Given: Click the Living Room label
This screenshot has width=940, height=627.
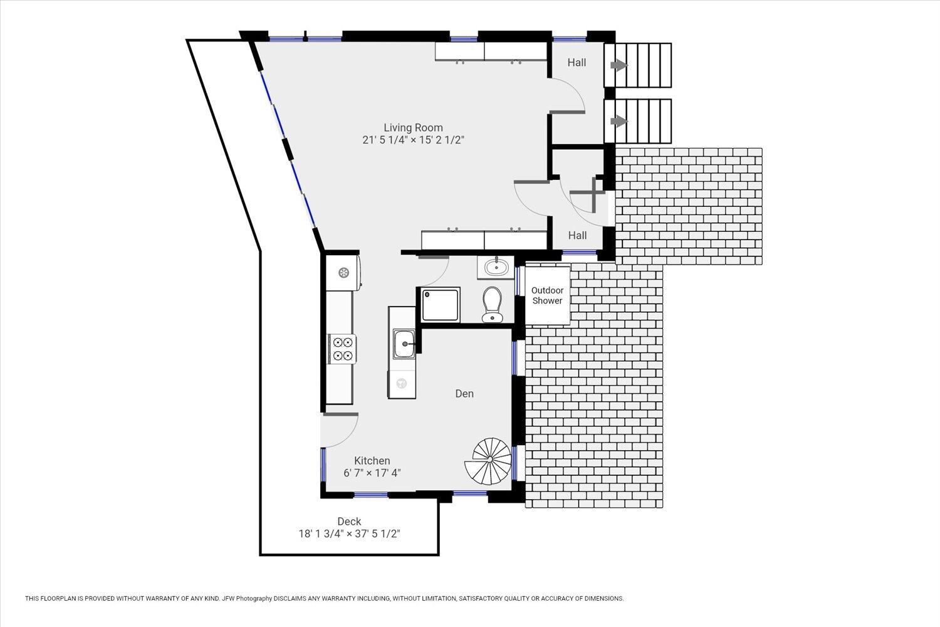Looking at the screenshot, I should tap(413, 127).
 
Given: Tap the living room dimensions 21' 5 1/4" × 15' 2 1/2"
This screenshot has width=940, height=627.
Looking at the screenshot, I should tap(413, 140).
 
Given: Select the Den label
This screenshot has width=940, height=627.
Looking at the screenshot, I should tap(464, 394).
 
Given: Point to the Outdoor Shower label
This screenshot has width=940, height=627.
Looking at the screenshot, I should tap(547, 295).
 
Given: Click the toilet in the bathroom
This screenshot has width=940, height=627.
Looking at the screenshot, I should tap(493, 304).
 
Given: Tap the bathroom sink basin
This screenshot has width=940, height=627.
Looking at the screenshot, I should tap(496, 268).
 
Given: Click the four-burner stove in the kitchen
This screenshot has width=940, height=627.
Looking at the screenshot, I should tap(342, 349).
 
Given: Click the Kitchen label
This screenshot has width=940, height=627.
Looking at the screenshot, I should tap(372, 461).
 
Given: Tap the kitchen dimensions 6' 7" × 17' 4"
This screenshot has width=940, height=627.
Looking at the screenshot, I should tap(372, 473).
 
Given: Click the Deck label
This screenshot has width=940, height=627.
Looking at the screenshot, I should tap(349, 522).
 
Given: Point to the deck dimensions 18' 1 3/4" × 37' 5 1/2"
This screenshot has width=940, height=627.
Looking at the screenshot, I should tap(349, 534).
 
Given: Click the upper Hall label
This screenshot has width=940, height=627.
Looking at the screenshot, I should tap(577, 63).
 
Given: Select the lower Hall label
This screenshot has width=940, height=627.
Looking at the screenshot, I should tap(577, 235).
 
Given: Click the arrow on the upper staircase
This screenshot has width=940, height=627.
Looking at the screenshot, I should tap(619, 65).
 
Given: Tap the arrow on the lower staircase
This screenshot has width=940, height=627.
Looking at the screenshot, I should tap(619, 122).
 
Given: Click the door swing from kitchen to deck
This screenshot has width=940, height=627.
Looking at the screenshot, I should tap(340, 429).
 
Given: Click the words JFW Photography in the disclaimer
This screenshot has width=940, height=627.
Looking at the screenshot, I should tap(247, 599).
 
